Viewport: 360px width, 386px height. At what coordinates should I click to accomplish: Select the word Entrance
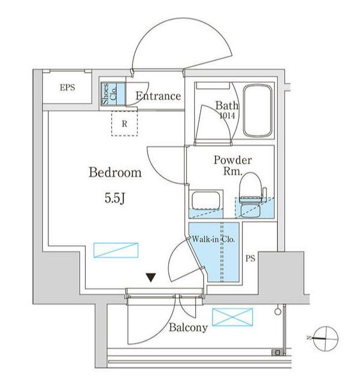[x=158, y=96]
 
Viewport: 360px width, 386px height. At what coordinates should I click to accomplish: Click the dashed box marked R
[x=124, y=124]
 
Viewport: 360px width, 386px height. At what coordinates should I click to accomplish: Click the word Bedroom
[x=115, y=173]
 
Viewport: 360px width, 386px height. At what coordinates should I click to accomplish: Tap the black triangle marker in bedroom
[x=152, y=277]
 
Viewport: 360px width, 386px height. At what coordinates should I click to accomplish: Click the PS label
[x=252, y=259]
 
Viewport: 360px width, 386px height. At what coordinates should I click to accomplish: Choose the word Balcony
[x=188, y=328]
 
